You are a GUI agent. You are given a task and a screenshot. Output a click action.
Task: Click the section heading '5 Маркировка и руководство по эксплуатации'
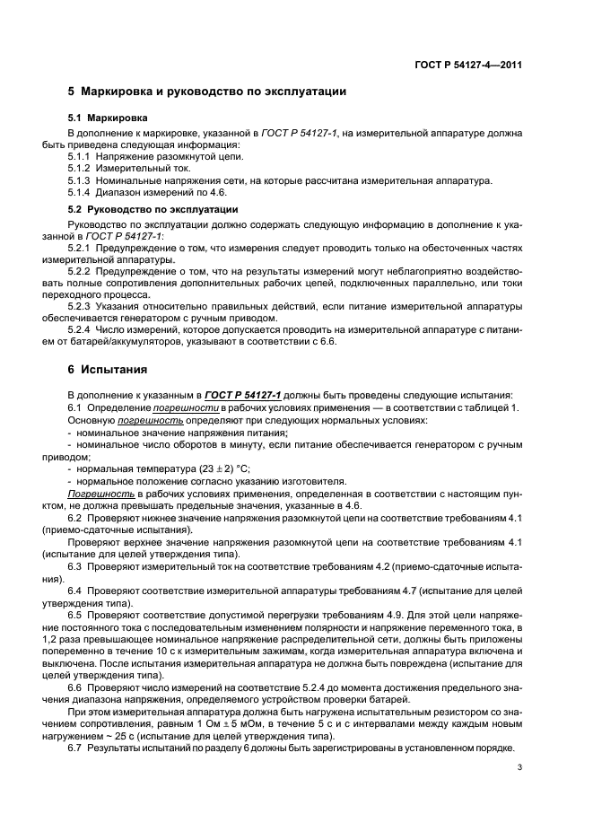click(207, 92)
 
